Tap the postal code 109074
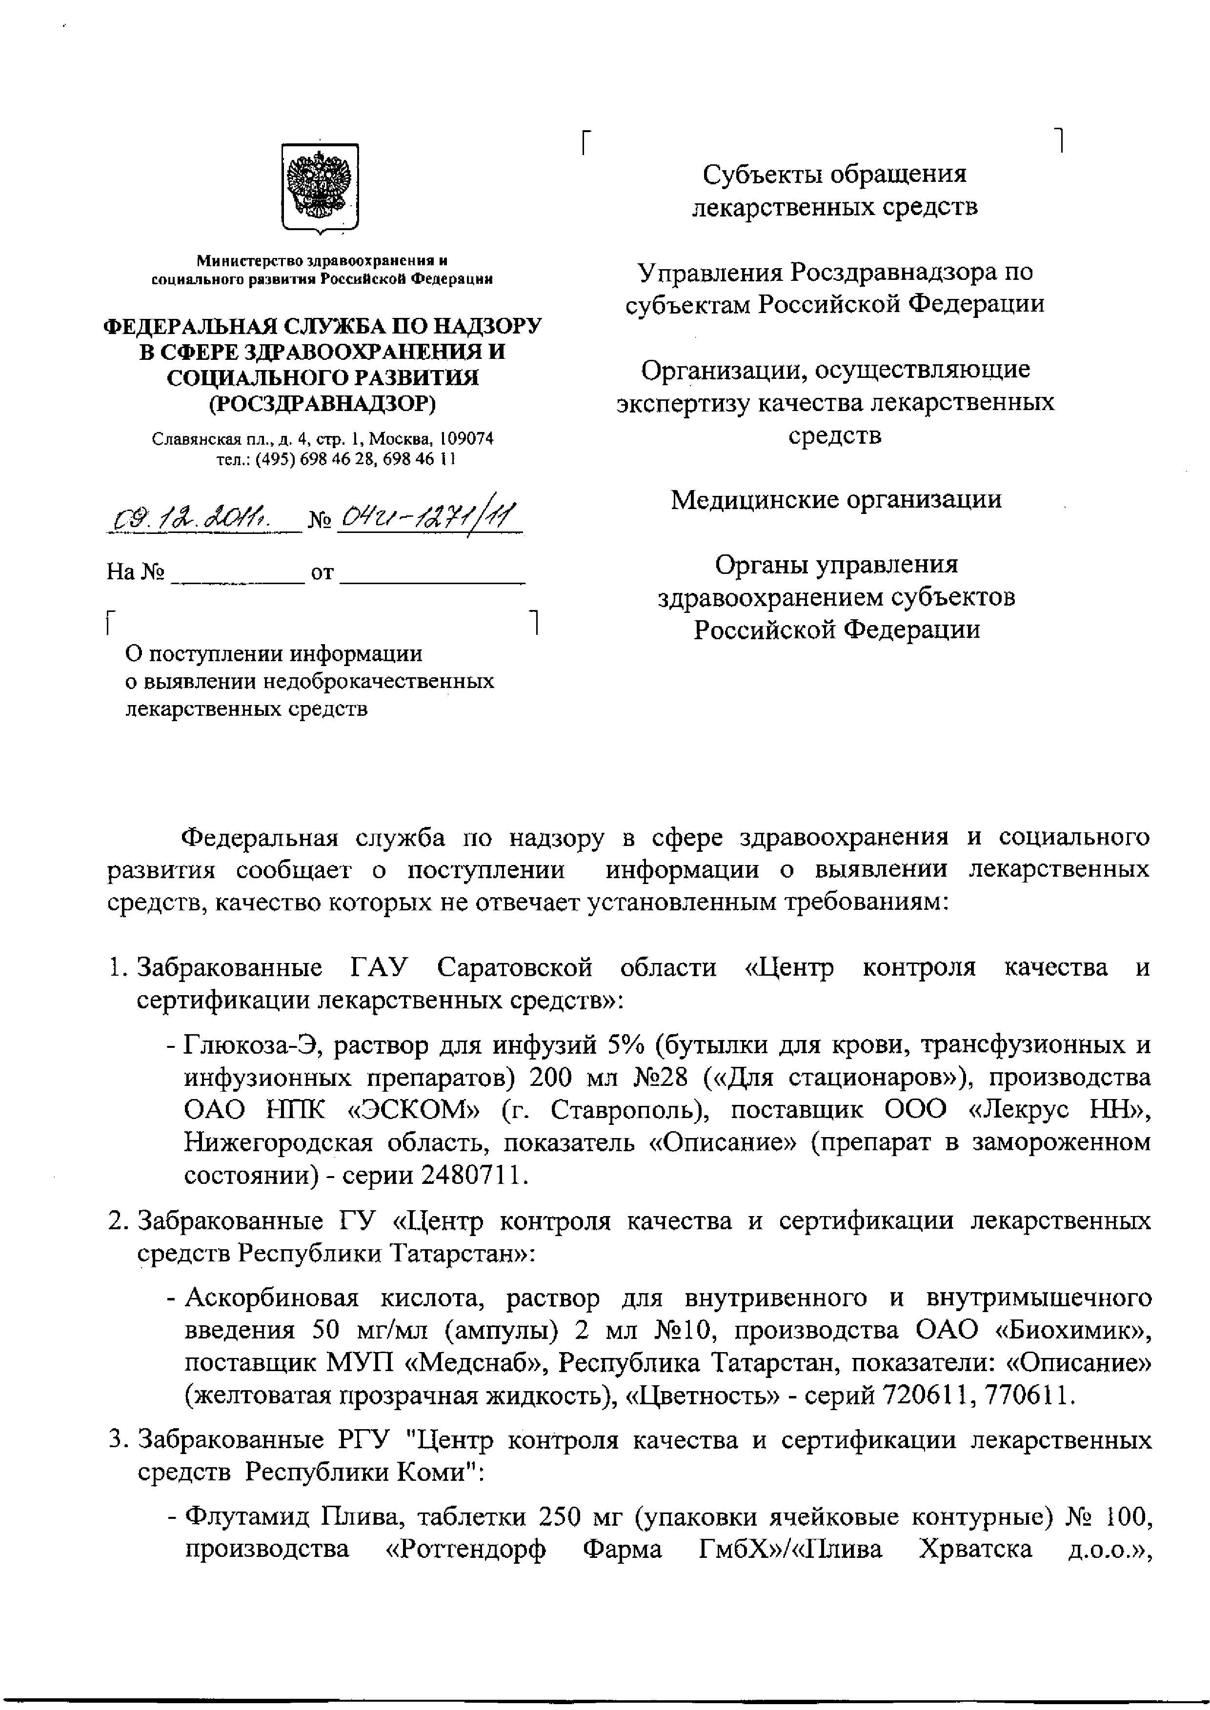[x=465, y=439]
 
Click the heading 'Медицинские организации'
[x=836, y=499]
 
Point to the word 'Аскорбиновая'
[x=272, y=1297]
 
